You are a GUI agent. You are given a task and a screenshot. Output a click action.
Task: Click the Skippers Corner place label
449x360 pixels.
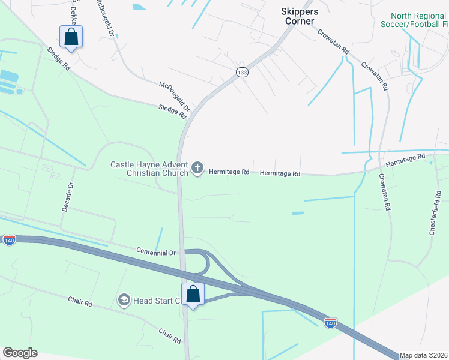(298, 16)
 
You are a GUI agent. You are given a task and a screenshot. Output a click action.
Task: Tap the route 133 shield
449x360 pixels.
(242, 72)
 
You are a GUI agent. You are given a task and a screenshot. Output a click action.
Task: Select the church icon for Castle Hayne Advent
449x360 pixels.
(198, 169)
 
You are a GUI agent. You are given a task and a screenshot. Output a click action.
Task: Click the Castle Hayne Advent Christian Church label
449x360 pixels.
(149, 169)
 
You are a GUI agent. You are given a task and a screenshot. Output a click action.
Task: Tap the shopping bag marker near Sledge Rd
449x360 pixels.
(71, 37)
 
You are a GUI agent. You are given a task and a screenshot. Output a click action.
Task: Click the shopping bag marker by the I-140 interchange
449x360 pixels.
(193, 295)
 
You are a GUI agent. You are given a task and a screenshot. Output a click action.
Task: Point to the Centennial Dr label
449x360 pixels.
(155, 252)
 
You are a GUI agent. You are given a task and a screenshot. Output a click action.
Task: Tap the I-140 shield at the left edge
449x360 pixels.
(9, 240)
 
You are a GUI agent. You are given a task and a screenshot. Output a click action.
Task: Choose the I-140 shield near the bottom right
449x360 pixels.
(330, 323)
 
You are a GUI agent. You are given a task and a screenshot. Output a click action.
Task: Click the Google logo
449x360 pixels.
(20, 353)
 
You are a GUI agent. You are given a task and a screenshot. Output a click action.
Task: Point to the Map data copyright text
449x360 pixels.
(423, 355)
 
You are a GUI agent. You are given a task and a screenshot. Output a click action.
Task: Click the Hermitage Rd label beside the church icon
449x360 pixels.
(229, 172)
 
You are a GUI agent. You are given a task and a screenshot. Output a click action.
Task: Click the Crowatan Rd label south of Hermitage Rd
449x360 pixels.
(384, 192)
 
